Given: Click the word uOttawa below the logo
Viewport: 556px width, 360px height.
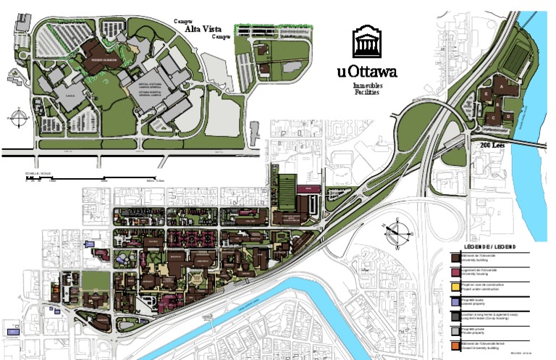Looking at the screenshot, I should tap(366, 72).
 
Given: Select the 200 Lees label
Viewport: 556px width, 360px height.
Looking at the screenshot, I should tap(492, 146).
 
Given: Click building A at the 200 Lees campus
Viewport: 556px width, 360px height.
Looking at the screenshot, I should tap(500, 86).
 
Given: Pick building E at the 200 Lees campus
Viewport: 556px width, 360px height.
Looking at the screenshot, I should tap(484, 95).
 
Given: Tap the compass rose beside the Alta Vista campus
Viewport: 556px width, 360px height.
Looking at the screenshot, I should tap(16, 117).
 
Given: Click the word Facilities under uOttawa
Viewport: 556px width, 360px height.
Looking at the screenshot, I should tap(366, 93).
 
